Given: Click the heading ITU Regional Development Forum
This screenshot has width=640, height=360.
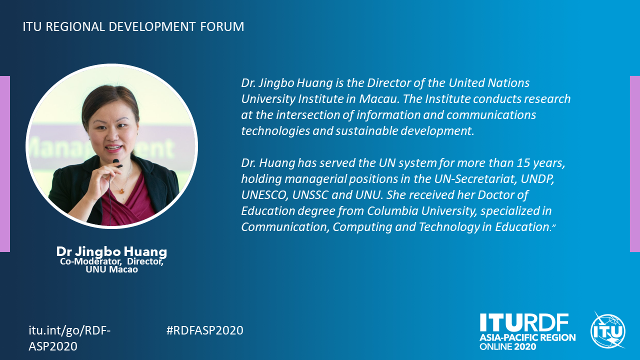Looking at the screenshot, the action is point(133,26).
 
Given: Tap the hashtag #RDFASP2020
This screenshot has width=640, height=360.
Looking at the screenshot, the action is point(205,330).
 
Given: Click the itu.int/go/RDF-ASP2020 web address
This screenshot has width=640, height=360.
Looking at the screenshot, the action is point(69,338).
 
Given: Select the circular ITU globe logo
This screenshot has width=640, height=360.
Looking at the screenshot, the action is point(607,331).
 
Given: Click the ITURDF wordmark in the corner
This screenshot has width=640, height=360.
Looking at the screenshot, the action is point(524,322).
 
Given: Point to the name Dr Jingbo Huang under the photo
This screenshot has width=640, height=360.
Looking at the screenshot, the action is point(111,251).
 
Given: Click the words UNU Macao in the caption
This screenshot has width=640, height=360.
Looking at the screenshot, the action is point(111,269).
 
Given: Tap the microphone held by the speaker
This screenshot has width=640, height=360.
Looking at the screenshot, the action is point(117,163).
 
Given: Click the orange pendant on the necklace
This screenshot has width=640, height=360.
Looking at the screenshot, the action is point(122,191).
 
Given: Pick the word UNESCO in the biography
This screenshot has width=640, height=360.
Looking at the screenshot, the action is point(264,195).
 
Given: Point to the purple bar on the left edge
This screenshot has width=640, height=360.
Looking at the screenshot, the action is point(5,164).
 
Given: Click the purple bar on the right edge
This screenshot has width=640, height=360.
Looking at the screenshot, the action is point(635,164).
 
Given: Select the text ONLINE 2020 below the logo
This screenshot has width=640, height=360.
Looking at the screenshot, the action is point(507,347).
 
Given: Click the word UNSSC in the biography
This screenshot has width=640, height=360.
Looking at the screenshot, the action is point(310,195).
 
